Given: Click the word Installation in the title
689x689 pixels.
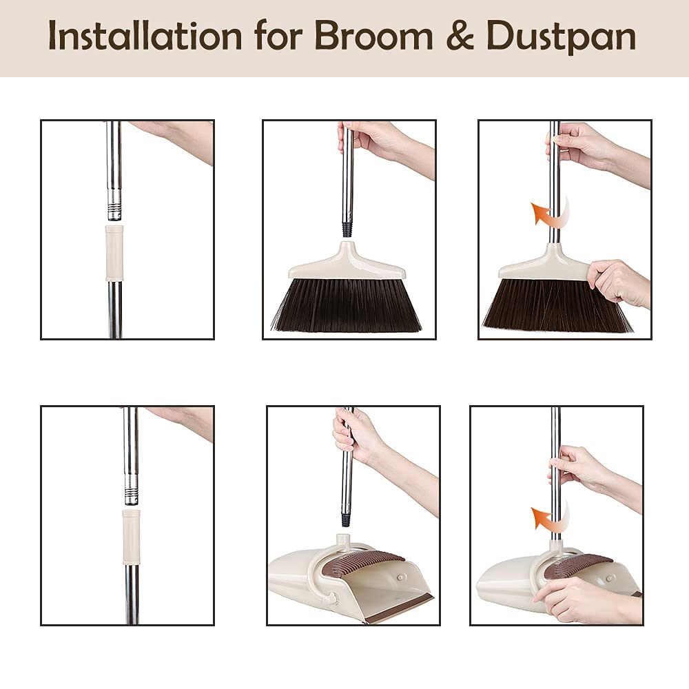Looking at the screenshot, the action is (145, 36).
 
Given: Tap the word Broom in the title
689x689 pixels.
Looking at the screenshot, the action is (373, 36).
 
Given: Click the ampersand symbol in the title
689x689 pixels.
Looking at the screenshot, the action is (460, 36).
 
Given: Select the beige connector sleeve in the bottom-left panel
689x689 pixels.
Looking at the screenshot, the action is (131, 537).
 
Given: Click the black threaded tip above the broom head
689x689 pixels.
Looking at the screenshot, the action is (347, 229).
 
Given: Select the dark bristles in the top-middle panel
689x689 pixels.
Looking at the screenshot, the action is (346, 305).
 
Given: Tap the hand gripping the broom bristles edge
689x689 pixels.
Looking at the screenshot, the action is (619, 283).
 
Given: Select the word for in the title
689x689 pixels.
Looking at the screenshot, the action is (278, 36).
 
